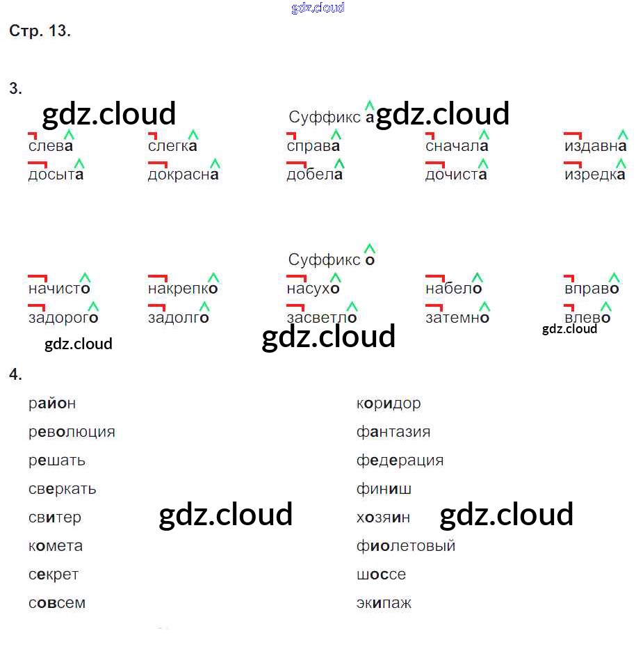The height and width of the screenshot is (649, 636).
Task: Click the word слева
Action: (51, 146)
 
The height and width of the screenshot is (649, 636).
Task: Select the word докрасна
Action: (183, 175)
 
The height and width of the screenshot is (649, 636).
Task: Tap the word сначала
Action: (457, 146)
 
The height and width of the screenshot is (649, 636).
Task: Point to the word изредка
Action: (595, 175)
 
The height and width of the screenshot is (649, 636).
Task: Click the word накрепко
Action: (183, 289)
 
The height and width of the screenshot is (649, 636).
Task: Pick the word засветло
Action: (321, 318)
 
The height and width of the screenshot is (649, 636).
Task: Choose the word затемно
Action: (457, 318)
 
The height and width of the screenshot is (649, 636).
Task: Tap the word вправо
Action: (592, 289)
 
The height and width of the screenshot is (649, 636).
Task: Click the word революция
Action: (72, 432)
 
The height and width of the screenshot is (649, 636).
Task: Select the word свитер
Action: (55, 518)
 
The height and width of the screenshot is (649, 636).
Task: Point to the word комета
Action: (56, 546)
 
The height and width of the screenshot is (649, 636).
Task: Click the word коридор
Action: (389, 403)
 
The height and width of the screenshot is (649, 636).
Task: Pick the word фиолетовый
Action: (406, 546)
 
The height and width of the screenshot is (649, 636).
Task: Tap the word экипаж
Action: (384, 603)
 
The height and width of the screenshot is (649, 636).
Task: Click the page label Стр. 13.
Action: (40, 31)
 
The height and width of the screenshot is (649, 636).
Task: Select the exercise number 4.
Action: (15, 374)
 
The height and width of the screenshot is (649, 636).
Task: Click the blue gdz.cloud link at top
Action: (318, 8)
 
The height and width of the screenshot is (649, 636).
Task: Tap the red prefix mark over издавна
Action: (573, 133)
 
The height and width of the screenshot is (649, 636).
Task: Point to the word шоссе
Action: (381, 575)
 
